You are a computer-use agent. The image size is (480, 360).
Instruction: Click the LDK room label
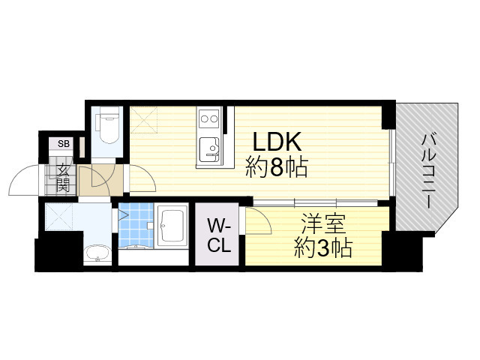pyautogui.click(x=276, y=142)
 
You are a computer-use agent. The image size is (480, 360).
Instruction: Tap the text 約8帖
pyautogui.click(x=276, y=168)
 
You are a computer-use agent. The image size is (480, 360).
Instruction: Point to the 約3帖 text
pyautogui.click(x=322, y=247)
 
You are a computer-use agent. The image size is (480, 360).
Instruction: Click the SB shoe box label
pyautogui.click(x=64, y=145)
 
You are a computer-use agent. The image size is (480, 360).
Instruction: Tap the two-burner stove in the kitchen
pyautogui.click(x=208, y=118)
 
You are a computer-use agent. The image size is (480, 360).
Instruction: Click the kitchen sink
pyautogui.click(x=208, y=147)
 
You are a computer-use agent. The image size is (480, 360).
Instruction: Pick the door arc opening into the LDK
pyautogui.click(x=142, y=180)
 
